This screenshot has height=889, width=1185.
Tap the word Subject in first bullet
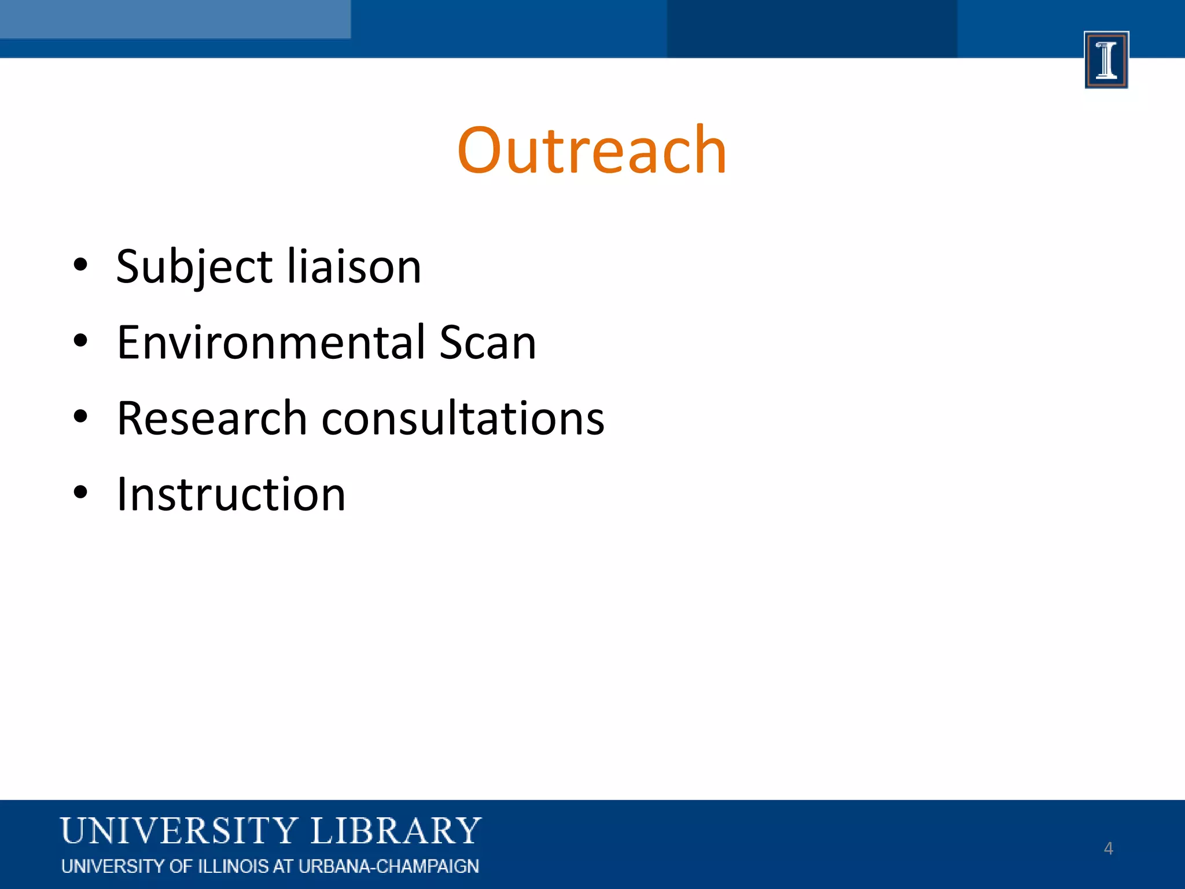click(x=194, y=267)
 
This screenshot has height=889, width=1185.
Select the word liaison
click(x=354, y=267)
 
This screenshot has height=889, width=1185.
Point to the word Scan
click(x=487, y=343)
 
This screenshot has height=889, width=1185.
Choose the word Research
click(x=212, y=418)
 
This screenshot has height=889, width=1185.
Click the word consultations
click(x=463, y=418)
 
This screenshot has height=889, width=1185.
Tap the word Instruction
click(x=231, y=494)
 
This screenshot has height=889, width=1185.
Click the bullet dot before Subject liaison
click(x=80, y=266)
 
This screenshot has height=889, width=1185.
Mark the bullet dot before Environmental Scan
click(x=80, y=341)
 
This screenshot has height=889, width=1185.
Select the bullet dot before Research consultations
click(x=80, y=417)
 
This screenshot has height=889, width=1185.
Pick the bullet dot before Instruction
click(x=80, y=493)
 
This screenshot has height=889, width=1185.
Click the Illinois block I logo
click(x=1106, y=60)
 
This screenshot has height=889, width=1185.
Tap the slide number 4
click(x=1108, y=848)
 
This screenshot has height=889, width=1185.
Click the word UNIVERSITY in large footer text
click(x=179, y=831)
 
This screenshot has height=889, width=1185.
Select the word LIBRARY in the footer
click(x=396, y=831)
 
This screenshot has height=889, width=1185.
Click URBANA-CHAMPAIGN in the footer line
click(x=388, y=866)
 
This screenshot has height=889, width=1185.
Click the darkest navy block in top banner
click(x=811, y=28)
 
